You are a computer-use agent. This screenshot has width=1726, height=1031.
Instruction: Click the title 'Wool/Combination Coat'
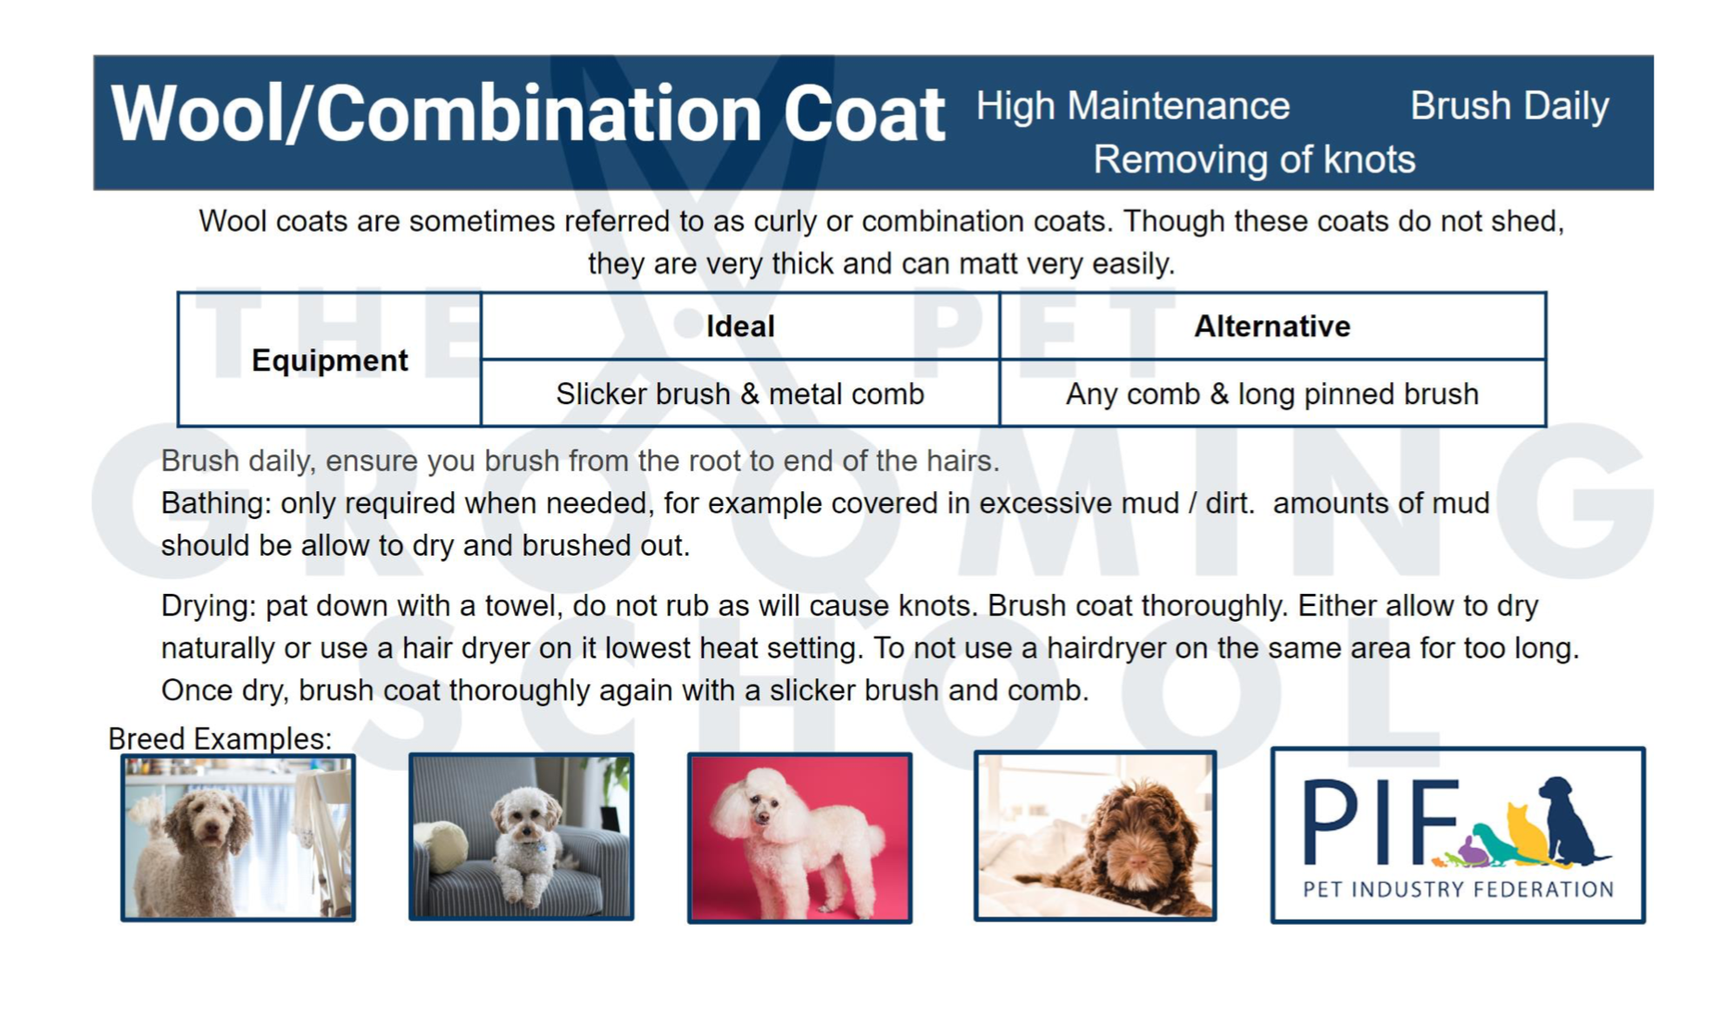[528, 114]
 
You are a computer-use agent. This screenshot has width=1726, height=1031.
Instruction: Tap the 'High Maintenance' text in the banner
[1133, 106]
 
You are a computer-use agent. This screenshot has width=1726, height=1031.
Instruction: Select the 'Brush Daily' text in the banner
[1509, 106]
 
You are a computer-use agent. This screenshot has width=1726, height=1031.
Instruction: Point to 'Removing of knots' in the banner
[1254, 159]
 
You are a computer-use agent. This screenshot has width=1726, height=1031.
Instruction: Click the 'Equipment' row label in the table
[329, 361]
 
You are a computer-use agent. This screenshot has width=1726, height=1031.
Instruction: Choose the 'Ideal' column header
[740, 327]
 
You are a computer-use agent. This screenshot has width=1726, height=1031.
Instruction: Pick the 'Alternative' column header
[1272, 327]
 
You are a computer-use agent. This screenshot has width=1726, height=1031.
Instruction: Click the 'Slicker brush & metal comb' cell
[740, 394]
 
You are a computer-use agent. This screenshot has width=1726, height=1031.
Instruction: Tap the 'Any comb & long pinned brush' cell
[1272, 394]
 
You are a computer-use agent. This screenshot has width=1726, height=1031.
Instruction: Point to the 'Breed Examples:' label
[219, 738]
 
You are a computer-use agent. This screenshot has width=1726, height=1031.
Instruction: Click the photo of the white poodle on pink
[799, 838]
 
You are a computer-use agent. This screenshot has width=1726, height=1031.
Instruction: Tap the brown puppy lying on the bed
[1095, 836]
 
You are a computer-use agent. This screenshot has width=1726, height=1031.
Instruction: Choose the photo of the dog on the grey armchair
[521, 837]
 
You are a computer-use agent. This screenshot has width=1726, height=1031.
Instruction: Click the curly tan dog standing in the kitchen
[238, 838]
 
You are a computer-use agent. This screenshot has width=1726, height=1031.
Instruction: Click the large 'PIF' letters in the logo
[1379, 821]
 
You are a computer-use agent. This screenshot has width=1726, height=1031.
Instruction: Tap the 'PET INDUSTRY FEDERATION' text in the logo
[1458, 889]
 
